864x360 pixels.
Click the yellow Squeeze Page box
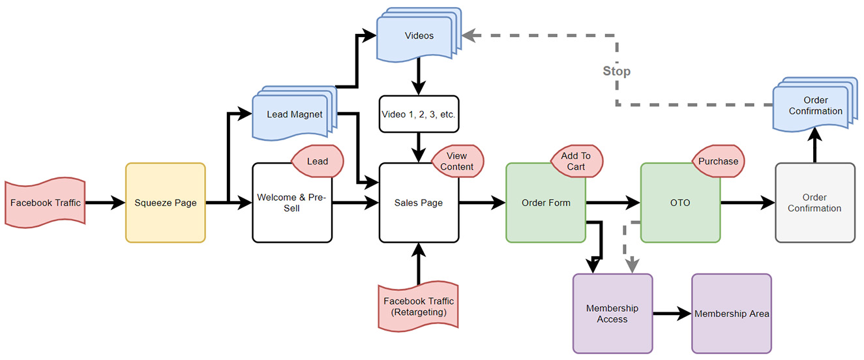click(166, 203)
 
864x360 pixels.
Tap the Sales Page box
click(419, 203)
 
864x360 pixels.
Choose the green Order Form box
click(546, 203)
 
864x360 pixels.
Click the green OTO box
click(680, 203)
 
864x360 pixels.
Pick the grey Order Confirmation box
click(815, 203)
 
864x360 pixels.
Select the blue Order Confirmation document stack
click(815, 105)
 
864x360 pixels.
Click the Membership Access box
click(612, 314)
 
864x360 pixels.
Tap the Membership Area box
click(732, 314)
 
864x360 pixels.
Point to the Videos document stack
click(419, 35)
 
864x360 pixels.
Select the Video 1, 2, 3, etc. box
click(419, 114)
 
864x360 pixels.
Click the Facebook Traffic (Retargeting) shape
click(419, 307)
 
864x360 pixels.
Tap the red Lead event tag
click(318, 161)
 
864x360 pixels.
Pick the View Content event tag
click(457, 161)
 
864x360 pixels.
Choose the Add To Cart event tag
click(576, 161)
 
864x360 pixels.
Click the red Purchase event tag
click(718, 161)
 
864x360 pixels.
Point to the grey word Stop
click(617, 71)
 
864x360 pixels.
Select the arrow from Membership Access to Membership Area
click(672, 314)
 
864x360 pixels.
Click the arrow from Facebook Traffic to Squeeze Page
click(105, 203)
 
